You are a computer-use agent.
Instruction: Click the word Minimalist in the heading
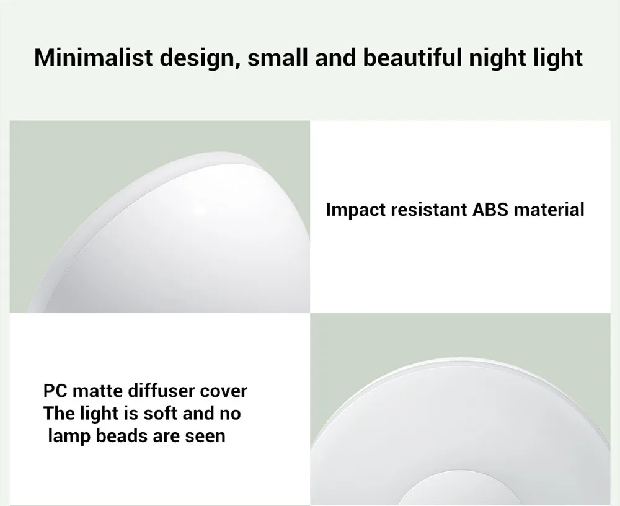(94, 57)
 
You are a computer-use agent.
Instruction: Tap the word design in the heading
(199, 58)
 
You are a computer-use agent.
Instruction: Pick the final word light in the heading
(558, 58)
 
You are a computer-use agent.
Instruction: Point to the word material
(549, 210)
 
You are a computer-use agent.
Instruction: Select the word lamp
(69, 437)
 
